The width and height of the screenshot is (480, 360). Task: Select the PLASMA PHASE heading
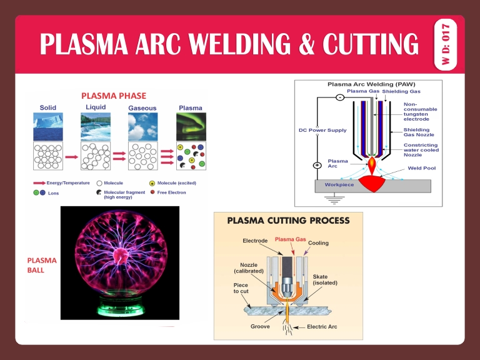114,96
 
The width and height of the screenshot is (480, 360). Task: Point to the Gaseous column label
142,108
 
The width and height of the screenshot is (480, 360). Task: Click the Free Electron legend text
171,192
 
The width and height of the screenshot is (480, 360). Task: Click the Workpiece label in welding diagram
339,185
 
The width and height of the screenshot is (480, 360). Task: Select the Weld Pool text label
422,168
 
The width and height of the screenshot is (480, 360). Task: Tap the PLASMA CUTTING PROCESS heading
288,220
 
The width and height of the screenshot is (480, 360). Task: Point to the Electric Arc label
323,326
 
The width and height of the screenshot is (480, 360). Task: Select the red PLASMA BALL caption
42,265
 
